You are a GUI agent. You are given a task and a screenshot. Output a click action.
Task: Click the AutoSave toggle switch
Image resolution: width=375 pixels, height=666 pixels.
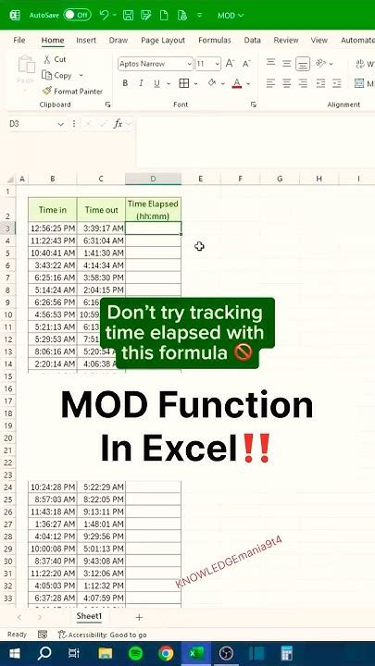coord(77,15)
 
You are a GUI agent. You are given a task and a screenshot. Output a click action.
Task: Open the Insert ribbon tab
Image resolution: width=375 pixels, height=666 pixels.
coord(86,41)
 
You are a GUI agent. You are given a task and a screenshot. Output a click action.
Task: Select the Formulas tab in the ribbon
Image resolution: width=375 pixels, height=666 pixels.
coord(214,41)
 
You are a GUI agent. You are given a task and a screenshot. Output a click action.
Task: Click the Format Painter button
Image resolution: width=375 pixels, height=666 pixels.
coord(73,92)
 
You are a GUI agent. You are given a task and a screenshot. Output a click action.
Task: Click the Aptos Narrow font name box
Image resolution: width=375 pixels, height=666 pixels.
coord(152,64)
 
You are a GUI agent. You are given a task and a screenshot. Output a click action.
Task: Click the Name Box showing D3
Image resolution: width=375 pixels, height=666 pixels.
coord(37,124)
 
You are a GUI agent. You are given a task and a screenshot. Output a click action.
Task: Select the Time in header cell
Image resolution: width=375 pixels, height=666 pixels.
coord(52,210)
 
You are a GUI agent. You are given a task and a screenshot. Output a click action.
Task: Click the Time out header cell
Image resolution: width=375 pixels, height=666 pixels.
coord(101,210)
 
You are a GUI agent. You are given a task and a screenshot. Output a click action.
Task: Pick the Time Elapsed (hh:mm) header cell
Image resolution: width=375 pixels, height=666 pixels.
coord(153,209)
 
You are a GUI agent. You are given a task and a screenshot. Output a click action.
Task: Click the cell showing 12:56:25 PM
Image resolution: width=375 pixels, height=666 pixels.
coord(52,228)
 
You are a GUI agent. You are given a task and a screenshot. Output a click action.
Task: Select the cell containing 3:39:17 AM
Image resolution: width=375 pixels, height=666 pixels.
coord(101,228)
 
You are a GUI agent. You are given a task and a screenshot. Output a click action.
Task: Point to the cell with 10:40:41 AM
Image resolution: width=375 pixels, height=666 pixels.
coord(52,253)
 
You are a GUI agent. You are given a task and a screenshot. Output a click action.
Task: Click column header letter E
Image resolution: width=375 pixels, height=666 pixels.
coord(200,179)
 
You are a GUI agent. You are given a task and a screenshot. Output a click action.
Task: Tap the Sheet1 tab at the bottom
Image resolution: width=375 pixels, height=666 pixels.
coord(89,616)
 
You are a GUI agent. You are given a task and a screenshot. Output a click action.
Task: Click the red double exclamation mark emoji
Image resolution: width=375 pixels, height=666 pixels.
coord(255,449)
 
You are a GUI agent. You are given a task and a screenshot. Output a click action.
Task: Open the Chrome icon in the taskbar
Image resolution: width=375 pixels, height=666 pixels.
coord(166,653)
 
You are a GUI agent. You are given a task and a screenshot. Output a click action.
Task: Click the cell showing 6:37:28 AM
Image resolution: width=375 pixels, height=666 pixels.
coord(52,598)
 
